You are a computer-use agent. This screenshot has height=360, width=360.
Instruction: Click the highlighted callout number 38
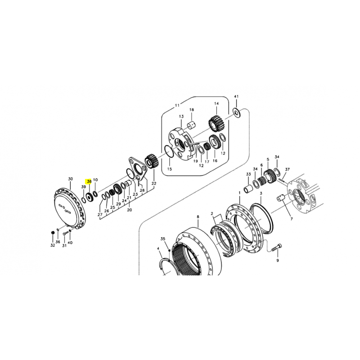click(89, 181)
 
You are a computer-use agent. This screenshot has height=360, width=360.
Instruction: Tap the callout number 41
click(236, 96)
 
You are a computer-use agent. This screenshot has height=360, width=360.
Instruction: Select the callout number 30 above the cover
click(70, 179)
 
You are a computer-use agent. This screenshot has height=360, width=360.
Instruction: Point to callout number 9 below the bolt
click(278, 261)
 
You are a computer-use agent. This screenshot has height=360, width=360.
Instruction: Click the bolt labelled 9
click(277, 247)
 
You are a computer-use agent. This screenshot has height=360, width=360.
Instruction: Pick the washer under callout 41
click(237, 112)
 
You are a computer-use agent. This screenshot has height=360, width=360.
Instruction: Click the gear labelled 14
click(216, 124)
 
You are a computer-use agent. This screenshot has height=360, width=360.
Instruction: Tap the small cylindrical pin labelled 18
click(192, 126)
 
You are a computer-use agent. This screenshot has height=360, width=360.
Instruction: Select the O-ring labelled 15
click(170, 152)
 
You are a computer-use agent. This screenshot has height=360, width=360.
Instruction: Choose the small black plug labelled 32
click(52, 233)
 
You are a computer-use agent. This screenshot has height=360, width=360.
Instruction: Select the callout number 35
click(163, 239)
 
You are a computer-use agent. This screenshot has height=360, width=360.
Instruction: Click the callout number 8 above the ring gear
click(198, 216)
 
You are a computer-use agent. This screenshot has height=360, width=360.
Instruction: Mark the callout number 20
click(130, 210)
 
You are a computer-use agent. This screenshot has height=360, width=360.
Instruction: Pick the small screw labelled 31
click(65, 234)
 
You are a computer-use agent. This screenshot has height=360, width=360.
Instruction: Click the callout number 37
click(287, 170)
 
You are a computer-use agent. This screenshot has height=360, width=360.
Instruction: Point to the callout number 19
click(195, 161)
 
